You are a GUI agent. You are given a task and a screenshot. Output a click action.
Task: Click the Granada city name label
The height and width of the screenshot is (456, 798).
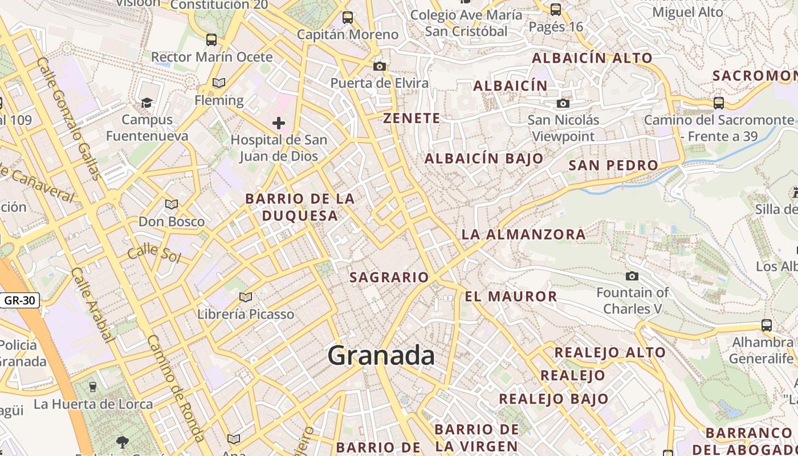381,356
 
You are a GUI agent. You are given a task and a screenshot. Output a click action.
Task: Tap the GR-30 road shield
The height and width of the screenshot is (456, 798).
20,300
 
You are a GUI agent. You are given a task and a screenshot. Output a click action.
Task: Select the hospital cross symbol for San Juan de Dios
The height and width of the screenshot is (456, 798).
278,123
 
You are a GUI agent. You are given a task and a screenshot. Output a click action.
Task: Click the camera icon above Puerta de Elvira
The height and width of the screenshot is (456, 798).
380,66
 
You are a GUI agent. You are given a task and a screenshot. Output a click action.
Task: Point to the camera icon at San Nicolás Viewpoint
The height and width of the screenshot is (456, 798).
563,103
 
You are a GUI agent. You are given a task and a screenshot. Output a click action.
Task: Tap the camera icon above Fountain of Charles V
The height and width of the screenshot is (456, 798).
632,276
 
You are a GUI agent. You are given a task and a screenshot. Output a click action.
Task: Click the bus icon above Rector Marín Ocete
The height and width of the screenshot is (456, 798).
211,39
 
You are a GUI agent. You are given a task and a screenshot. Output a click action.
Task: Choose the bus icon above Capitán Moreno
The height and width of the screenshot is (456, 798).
348,17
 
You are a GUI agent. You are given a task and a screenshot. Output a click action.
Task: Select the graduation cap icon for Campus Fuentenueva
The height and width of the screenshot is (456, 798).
146,103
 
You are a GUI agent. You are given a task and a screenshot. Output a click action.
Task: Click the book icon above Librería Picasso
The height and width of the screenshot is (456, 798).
246,297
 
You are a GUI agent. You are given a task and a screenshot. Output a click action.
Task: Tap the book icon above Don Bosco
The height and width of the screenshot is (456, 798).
172,204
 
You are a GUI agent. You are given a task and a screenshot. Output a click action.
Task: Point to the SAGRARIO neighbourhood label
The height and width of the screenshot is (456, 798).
389,278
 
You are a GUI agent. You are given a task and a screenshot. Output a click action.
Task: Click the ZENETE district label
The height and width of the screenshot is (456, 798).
412,119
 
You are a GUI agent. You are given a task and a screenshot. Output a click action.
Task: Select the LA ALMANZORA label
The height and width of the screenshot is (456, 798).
523,234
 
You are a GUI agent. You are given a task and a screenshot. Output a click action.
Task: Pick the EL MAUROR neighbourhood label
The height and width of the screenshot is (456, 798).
511,296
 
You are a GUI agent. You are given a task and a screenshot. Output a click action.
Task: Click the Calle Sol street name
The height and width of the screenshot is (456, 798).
154,254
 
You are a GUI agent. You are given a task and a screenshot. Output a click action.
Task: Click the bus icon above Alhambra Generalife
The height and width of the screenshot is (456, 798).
767,325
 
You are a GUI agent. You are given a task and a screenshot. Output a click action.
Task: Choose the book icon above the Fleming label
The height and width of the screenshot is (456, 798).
219,83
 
